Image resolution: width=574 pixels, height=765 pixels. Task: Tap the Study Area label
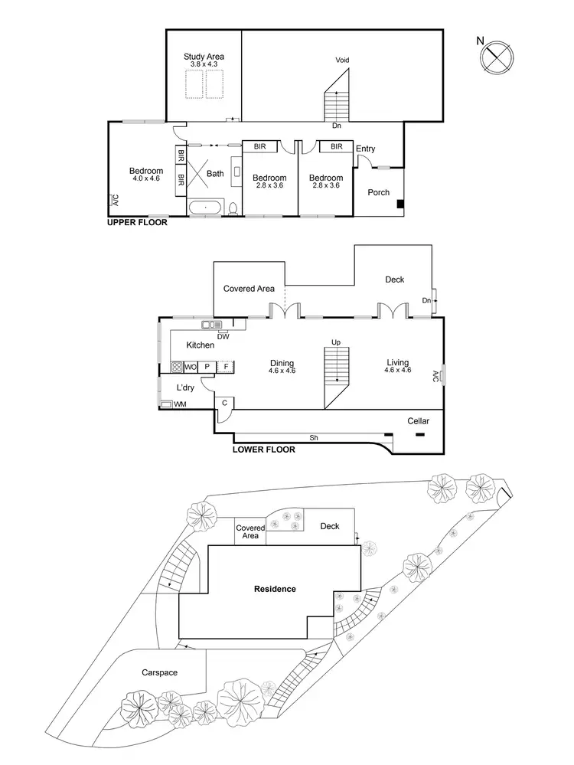(x=204, y=57)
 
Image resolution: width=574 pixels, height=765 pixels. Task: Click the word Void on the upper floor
(x=342, y=60)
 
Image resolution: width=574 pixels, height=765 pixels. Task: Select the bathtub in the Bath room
(x=204, y=207)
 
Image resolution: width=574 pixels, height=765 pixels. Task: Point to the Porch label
(x=379, y=193)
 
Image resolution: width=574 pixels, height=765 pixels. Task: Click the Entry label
(x=366, y=149)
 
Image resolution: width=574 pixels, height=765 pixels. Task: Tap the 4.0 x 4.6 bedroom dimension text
(x=146, y=178)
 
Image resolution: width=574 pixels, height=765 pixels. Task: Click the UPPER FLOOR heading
(x=136, y=224)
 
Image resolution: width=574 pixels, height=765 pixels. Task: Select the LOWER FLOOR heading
(x=265, y=450)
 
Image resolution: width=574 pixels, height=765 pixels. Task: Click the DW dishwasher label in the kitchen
(x=223, y=336)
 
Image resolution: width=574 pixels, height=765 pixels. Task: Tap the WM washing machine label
(x=180, y=404)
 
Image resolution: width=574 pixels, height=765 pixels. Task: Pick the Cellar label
(x=418, y=421)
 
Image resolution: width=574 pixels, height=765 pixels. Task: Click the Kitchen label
(x=201, y=345)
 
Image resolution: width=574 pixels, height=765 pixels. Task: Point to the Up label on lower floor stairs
(x=335, y=342)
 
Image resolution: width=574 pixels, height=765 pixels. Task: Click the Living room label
(x=397, y=362)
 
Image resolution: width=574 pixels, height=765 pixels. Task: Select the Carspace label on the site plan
(x=159, y=672)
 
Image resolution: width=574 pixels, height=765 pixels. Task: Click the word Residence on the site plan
(x=275, y=589)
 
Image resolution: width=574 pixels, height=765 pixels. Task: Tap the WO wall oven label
(x=191, y=367)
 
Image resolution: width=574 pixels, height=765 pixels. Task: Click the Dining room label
(x=282, y=363)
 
